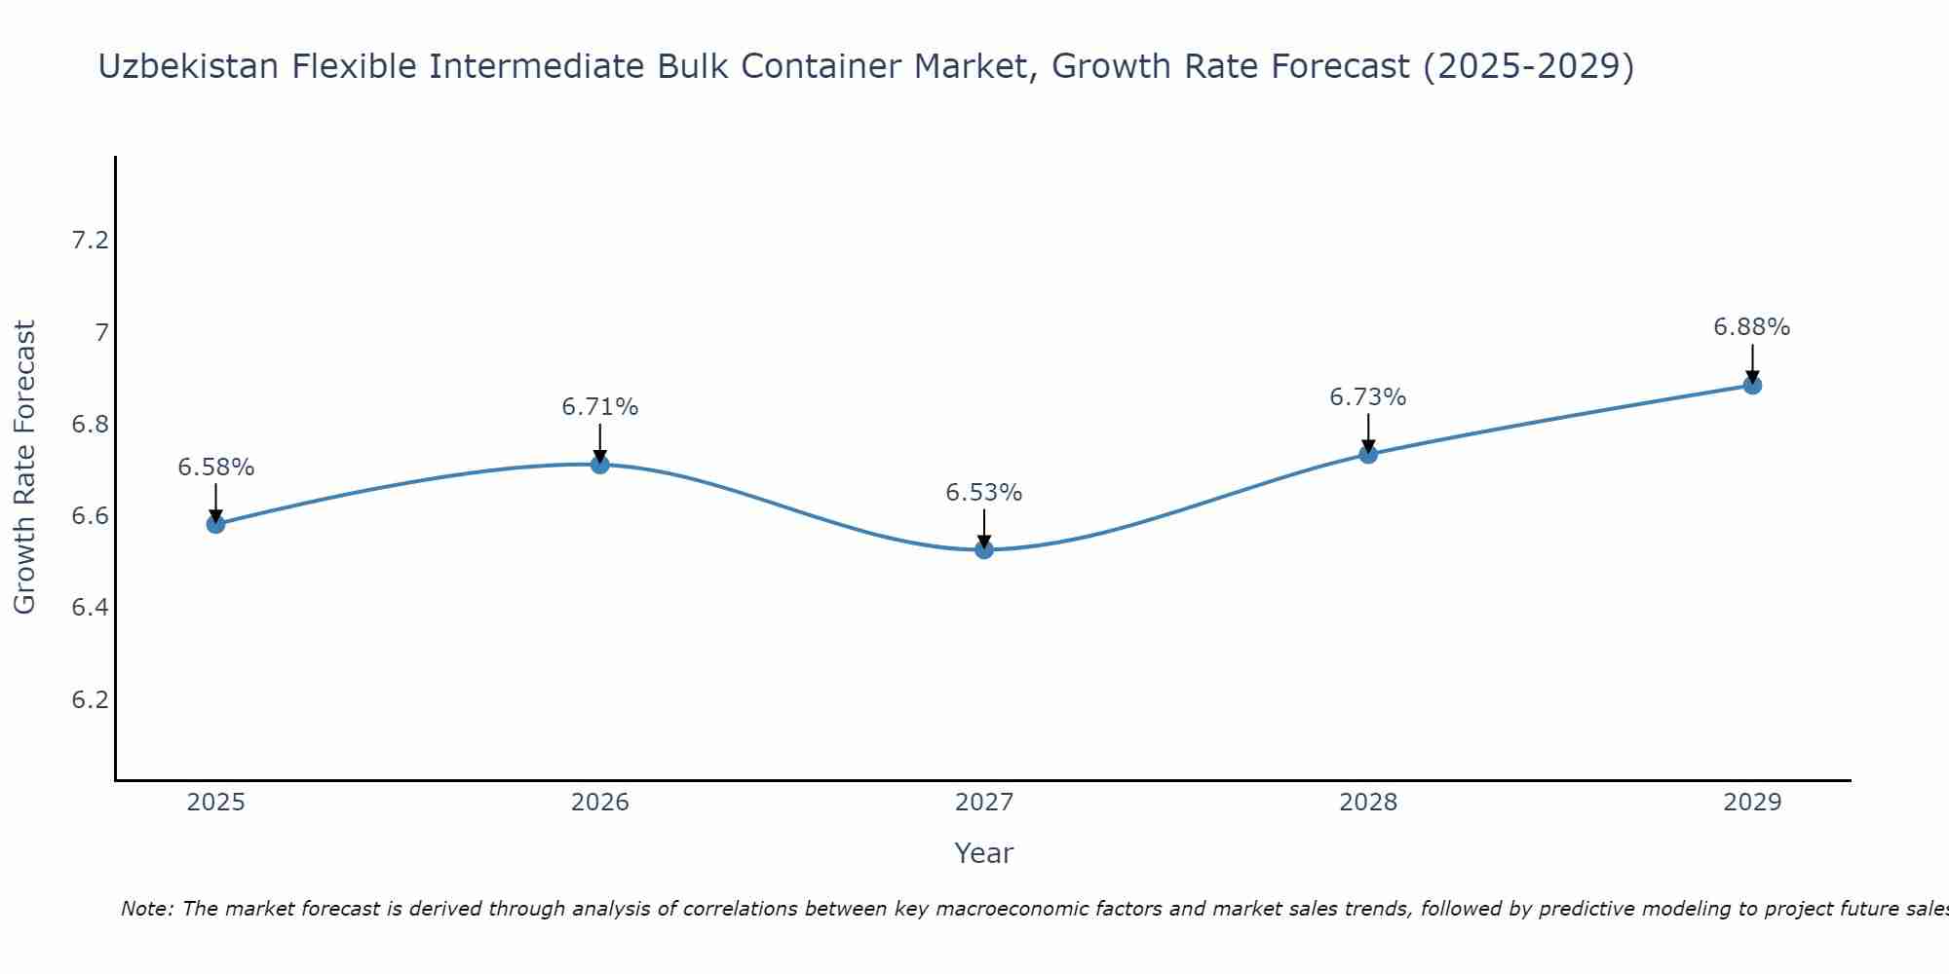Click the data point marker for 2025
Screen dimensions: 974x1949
[215, 524]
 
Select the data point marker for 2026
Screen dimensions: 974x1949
[600, 465]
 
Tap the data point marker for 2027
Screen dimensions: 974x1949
[984, 549]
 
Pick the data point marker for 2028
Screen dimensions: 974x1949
[1368, 454]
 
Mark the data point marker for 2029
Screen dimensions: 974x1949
[1752, 385]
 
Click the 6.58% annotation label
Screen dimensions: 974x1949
[215, 468]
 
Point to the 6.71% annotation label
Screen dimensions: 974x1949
[600, 407]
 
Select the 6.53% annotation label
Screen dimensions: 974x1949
[984, 493]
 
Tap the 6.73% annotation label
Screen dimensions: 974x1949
[1368, 397]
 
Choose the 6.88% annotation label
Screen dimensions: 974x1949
[1752, 327]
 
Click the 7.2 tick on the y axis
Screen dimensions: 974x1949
[90, 241]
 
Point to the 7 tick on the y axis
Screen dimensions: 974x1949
[101, 333]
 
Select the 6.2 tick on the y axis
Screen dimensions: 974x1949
[90, 700]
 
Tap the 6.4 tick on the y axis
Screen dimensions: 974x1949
[90, 608]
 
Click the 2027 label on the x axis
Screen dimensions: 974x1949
[984, 803]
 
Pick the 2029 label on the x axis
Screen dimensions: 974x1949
[1752, 803]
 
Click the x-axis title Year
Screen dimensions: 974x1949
[984, 853]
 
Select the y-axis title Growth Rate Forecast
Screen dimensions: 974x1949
[24, 468]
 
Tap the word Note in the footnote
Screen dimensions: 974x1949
[146, 909]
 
